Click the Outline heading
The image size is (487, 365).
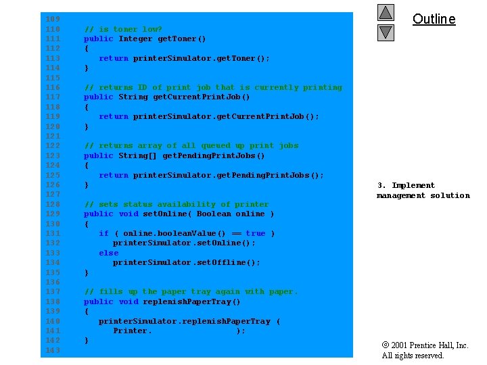tap(434, 19)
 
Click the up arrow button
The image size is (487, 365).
tap(386, 13)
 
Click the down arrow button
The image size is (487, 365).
tap(386, 32)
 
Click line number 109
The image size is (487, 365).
tap(52, 19)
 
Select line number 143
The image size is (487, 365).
tap(52, 350)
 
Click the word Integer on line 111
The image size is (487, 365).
tap(135, 39)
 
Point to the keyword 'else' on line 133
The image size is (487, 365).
tap(108, 253)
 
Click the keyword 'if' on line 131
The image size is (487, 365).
tap(103, 233)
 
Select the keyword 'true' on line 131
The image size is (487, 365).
tap(256, 233)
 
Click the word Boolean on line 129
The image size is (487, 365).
tap(214, 214)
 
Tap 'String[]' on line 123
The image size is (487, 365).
tap(138, 155)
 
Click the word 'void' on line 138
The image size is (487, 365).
tap(128, 301)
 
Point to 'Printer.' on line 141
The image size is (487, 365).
tap(133, 331)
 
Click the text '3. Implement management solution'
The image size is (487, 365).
tap(423, 191)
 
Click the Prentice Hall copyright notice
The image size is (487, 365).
tap(425, 350)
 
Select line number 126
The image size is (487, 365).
tap(52, 185)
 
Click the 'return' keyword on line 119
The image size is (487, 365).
tap(113, 116)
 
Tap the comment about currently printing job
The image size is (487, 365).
tap(213, 87)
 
